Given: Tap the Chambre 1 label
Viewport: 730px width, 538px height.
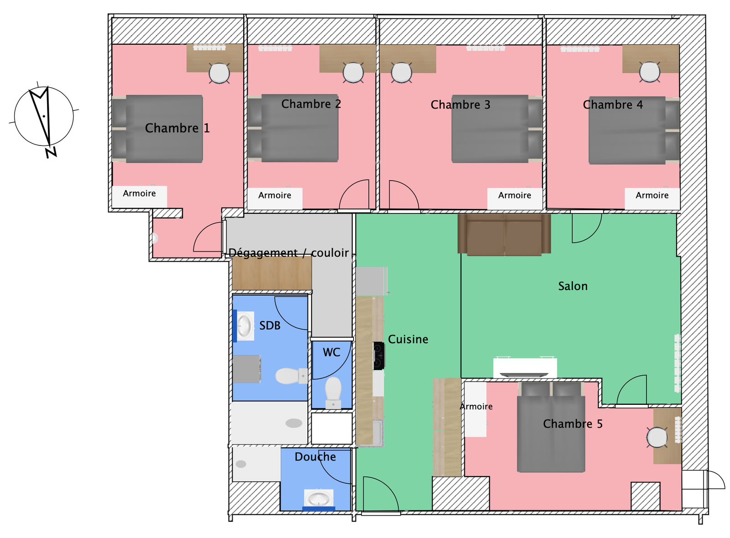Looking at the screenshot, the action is click(177, 128).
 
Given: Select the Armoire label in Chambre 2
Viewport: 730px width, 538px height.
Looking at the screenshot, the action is click(275, 196).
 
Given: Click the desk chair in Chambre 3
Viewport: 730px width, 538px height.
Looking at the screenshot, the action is click(401, 72).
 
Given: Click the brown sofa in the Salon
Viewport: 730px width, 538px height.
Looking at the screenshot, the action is click(504, 234).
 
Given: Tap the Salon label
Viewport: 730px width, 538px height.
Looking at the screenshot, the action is click(573, 286).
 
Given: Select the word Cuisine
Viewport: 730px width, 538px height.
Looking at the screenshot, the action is click(408, 339).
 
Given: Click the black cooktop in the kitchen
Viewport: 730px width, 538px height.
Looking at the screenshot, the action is click(379, 356).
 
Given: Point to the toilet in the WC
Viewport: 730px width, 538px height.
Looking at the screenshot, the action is click(333, 393).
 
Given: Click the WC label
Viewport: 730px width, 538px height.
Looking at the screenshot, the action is click(331, 352).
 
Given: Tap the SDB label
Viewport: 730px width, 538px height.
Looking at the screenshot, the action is click(270, 326).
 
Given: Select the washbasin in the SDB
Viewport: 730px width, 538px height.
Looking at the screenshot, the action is click(245, 326).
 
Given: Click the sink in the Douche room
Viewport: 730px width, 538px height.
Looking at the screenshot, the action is click(319, 498).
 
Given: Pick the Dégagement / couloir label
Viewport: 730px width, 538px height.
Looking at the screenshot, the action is click(288, 253).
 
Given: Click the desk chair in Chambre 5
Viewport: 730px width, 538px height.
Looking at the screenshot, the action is click(657, 437).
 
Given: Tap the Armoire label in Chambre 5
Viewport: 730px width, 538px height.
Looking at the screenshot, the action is click(476, 406).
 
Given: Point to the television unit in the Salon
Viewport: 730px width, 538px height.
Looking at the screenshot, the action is click(525, 367).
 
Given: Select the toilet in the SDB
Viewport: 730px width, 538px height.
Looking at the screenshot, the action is click(291, 376).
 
